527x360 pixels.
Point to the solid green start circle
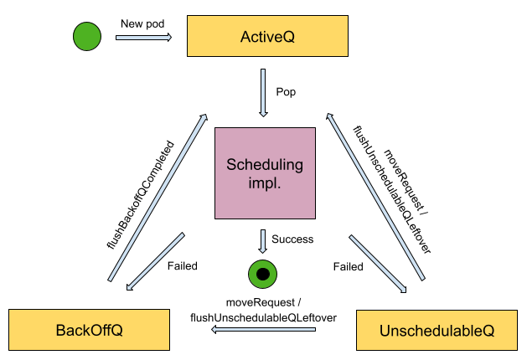[x=87, y=37]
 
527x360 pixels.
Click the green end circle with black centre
[x=263, y=274]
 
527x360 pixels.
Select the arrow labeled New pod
[x=143, y=37]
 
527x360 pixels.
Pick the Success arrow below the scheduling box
[x=263, y=240]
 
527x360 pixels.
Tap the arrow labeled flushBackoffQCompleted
[x=158, y=197]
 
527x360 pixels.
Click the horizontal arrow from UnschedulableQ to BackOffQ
[x=263, y=330]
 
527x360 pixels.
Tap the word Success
[x=292, y=239]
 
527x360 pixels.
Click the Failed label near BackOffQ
[x=182, y=266]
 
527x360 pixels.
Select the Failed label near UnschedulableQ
[x=348, y=267]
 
